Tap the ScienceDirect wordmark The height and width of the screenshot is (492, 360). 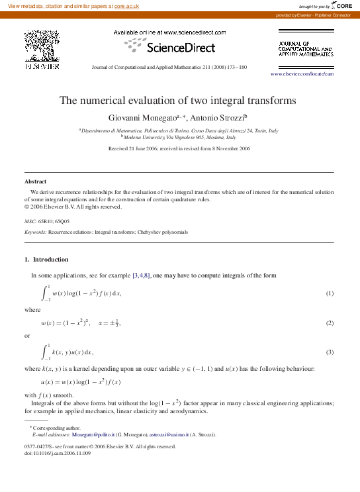[180, 48]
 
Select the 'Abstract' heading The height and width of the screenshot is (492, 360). [35, 181]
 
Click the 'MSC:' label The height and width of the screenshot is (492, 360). [30, 221]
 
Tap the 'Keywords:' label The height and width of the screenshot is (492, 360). [35, 233]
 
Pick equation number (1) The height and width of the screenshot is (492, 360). [329, 293]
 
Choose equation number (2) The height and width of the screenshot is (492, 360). [329, 322]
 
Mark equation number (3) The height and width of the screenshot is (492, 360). [329, 352]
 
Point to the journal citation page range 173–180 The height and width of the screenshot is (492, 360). [234, 68]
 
